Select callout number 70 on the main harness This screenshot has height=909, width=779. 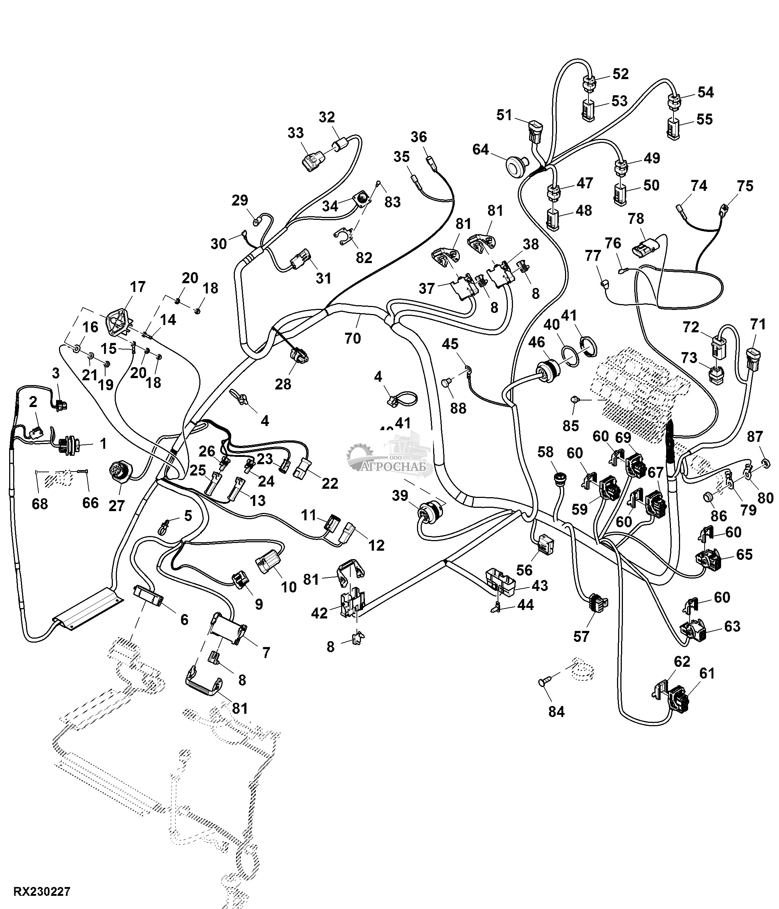[x=352, y=338]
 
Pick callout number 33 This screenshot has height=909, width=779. [x=296, y=133]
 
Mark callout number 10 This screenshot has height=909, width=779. [x=289, y=587]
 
